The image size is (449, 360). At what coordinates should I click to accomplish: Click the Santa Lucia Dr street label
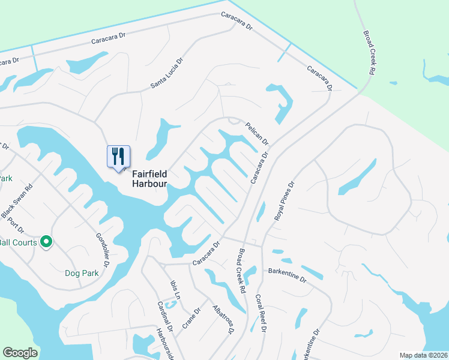tap(167, 74)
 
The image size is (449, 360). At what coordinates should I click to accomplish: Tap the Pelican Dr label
tap(257, 134)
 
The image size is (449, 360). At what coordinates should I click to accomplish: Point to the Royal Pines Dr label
tap(285, 202)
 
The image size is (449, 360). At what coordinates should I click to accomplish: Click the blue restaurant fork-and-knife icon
tap(118, 157)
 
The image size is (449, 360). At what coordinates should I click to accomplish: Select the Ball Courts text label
tap(19, 242)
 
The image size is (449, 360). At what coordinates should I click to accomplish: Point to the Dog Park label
tap(82, 273)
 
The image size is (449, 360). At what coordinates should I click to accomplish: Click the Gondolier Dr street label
tap(103, 250)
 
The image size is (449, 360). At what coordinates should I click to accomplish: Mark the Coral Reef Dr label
tap(261, 313)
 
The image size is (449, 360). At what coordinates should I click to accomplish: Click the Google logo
tap(20, 353)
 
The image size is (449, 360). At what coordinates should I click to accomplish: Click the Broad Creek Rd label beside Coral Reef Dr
tap(243, 271)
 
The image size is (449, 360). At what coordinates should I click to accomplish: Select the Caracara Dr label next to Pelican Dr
tap(258, 166)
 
